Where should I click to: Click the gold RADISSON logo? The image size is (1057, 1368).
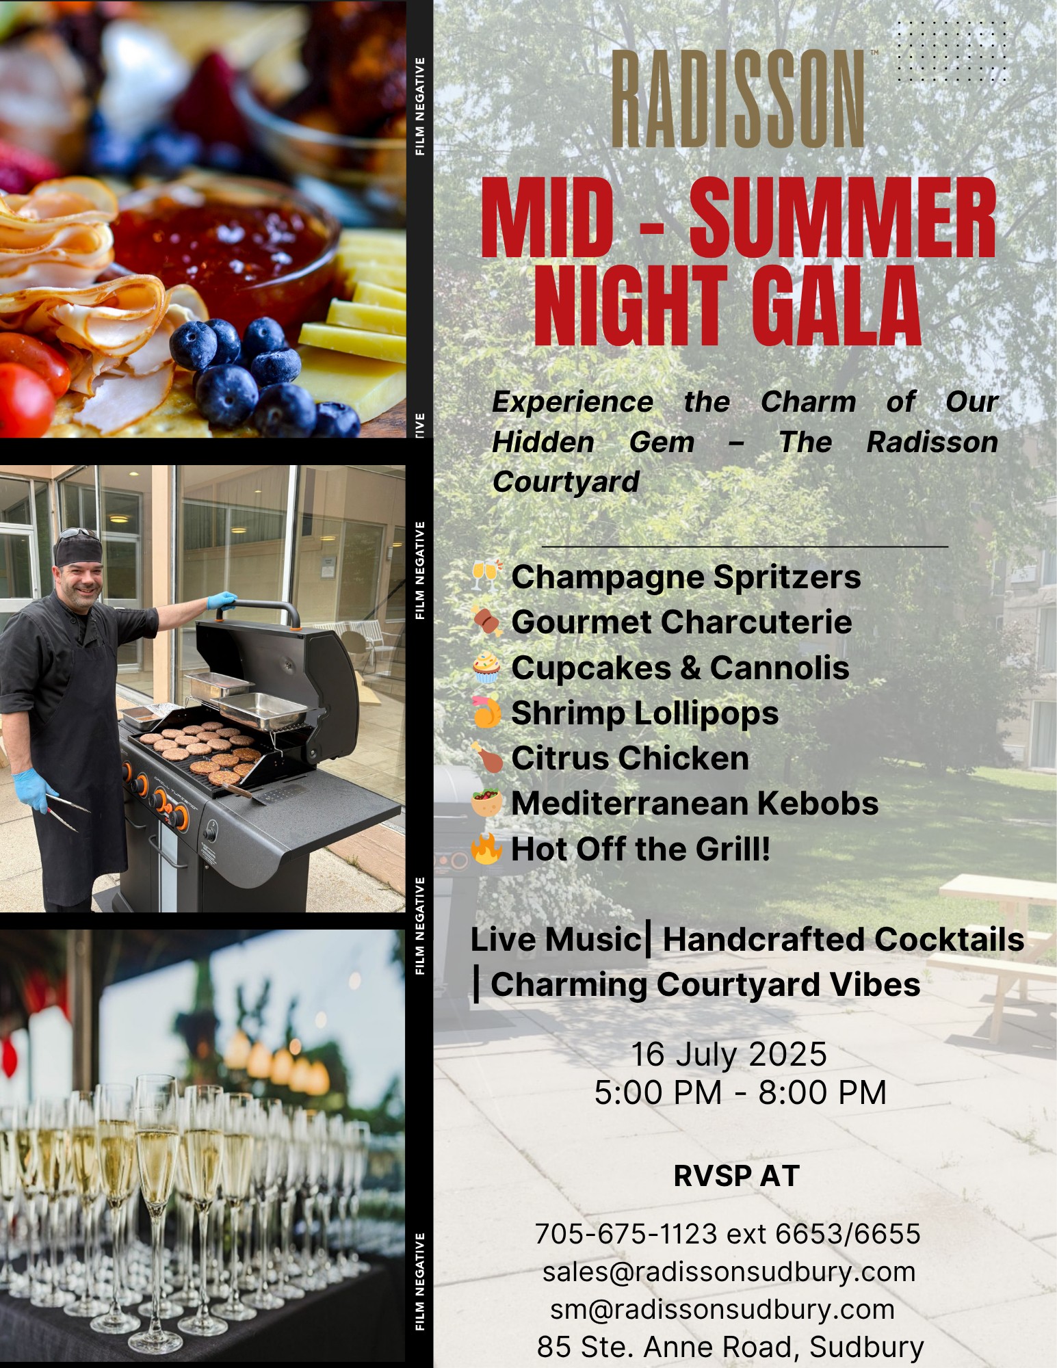[x=738, y=98]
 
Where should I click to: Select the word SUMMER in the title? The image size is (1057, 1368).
[x=842, y=218]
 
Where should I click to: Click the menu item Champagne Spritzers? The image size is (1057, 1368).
[x=686, y=577]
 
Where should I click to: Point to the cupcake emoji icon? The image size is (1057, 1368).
[x=487, y=668]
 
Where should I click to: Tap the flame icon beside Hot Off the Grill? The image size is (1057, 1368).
[x=486, y=848]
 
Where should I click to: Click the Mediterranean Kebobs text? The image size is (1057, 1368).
[x=695, y=803]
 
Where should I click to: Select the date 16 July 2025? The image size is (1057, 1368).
[x=729, y=1054]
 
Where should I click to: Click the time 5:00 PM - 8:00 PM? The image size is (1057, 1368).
[x=740, y=1092]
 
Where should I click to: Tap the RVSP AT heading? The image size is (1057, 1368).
[x=737, y=1176]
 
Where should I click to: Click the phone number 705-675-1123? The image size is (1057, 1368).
[x=626, y=1234]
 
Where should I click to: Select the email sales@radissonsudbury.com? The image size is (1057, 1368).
[x=729, y=1272]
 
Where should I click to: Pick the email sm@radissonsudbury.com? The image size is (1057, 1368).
[x=722, y=1309]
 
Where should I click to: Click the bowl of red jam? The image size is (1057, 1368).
[x=226, y=246]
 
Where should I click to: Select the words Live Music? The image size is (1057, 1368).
[x=555, y=939]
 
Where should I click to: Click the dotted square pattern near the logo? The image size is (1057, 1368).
[x=952, y=52]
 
